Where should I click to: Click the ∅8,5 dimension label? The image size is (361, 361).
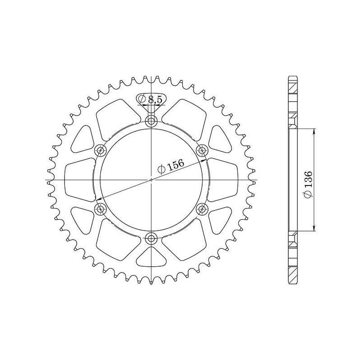click(x=150, y=99)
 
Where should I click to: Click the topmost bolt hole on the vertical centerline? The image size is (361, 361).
click(x=151, y=120)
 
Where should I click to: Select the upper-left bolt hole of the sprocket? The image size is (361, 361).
click(x=100, y=150)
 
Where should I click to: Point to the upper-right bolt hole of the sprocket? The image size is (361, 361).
click(x=202, y=150)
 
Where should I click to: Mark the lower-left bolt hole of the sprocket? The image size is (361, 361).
click(x=100, y=208)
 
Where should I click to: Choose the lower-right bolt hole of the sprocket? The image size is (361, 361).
click(x=202, y=208)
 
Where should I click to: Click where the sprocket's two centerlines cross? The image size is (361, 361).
click(x=151, y=180)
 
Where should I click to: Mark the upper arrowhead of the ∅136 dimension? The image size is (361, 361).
click(x=314, y=130)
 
